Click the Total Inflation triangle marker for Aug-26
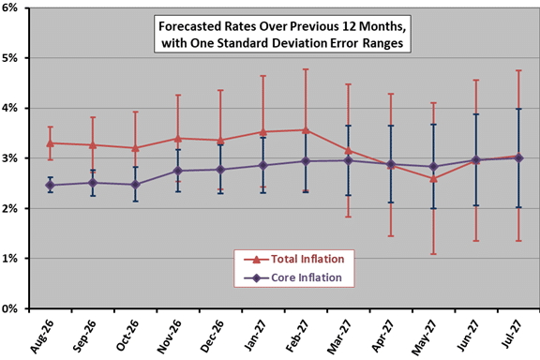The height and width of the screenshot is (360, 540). pos(51,142)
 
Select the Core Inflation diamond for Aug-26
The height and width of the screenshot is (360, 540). pos(51,185)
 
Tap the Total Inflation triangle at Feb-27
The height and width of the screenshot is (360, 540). pos(306,130)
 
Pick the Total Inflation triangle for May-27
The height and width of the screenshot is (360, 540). pos(433,179)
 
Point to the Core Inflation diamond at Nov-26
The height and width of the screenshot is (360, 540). pos(178,171)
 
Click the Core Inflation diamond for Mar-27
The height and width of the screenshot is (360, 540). pos(349,160)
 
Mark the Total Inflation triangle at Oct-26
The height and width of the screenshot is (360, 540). pos(135,148)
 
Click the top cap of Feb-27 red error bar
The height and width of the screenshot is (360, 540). pos(306,69)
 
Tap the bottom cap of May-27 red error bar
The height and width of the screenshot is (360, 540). pos(433,254)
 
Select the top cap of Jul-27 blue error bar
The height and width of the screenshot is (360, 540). pos(518,109)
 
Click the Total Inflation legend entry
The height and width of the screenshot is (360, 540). pos(293,259)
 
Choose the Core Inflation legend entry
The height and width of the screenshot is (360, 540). pos(292,277)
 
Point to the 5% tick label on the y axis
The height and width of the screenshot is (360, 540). pos(9,58)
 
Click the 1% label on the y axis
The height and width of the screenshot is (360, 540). pos(9,259)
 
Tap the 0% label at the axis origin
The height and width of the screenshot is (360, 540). pos(9,308)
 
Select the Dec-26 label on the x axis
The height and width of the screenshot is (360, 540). pos(212,336)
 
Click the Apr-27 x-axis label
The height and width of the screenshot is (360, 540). pos(382,336)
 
